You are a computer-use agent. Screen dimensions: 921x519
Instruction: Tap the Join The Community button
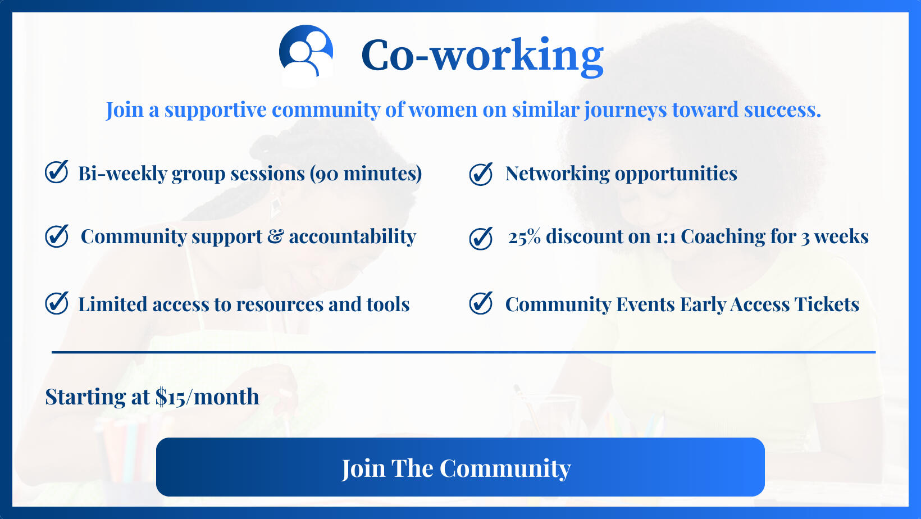pos(460,467)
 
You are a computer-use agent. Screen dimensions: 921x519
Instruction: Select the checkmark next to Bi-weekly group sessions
pos(56,171)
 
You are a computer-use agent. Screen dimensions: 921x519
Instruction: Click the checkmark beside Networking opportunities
pos(481,174)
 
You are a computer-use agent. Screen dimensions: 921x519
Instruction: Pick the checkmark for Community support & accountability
pos(56,236)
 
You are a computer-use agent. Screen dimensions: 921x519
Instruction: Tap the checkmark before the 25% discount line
pos(481,239)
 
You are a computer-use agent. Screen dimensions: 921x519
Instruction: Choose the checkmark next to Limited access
pos(56,303)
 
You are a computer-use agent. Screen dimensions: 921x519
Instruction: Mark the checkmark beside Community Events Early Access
pos(481,303)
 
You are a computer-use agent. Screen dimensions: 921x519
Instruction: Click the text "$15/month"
pos(207,397)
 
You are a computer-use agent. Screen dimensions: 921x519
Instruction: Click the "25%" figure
pos(524,236)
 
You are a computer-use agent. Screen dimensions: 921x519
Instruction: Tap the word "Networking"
pos(558,174)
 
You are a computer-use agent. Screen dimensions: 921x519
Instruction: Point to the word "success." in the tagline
pos(782,110)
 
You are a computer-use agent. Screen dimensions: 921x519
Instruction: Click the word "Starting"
pos(85,397)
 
